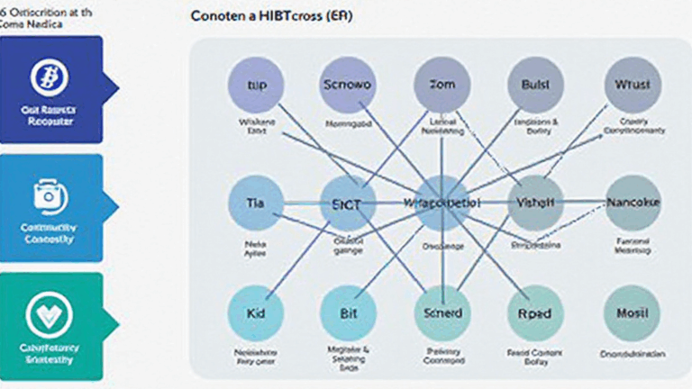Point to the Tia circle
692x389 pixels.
255,204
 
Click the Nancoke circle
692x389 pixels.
633,204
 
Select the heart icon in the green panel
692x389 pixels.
44,313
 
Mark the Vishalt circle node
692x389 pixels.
535,204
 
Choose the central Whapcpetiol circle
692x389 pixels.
442,204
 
